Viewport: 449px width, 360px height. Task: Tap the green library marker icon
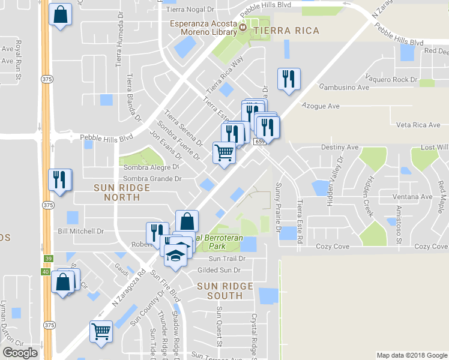(243, 26)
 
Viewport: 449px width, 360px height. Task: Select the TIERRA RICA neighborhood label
(286, 30)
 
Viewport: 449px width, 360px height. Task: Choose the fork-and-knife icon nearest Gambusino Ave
(289, 79)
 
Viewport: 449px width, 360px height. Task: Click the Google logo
(20, 353)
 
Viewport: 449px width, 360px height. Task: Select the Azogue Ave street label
(321, 106)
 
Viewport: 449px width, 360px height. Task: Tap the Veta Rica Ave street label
(419, 125)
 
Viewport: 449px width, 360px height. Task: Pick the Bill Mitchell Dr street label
(80, 231)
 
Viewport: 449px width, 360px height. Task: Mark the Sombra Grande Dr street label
(152, 179)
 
